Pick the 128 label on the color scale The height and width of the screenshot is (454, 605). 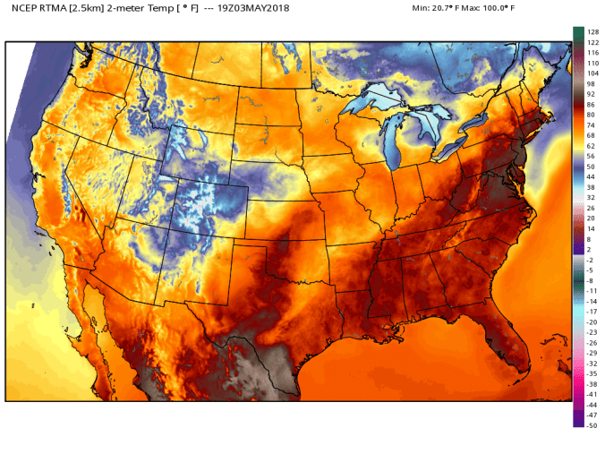(592, 31)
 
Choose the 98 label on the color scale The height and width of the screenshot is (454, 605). (591, 83)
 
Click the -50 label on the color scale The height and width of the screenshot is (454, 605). (592, 425)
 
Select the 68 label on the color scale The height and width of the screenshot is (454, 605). (591, 135)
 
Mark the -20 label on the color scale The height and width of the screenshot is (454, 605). (592, 321)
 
